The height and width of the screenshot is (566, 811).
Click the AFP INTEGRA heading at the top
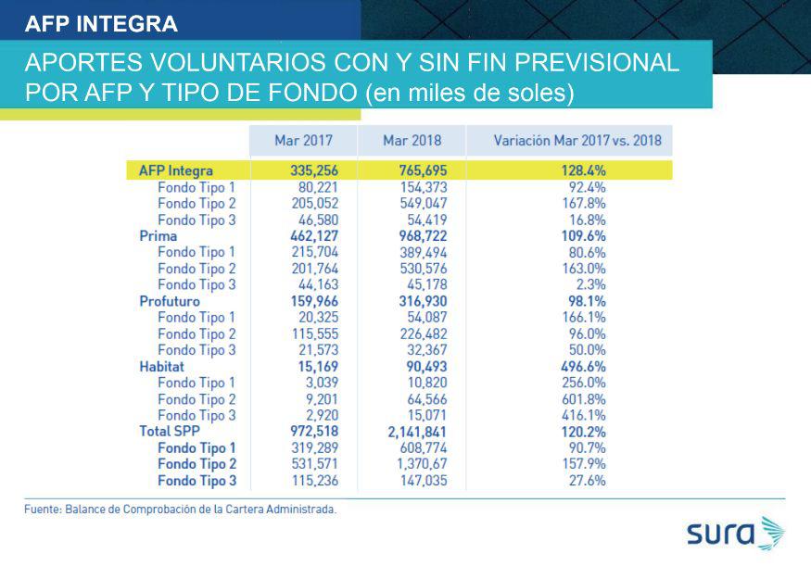click(x=101, y=23)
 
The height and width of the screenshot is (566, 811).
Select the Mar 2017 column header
click(x=303, y=141)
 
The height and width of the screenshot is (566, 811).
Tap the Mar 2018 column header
click(x=412, y=141)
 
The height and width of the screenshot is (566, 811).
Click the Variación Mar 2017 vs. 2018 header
click(x=577, y=141)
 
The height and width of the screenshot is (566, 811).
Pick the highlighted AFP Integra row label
click(x=175, y=170)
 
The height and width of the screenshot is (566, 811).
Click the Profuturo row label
click(x=169, y=301)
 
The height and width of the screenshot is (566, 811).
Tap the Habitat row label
click(x=163, y=367)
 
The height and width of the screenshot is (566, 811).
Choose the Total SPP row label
click(x=170, y=432)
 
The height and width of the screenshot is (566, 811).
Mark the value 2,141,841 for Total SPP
click(x=406, y=432)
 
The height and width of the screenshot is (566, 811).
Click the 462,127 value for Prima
click(x=303, y=236)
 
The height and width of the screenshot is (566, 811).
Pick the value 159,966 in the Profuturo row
click(x=303, y=301)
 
